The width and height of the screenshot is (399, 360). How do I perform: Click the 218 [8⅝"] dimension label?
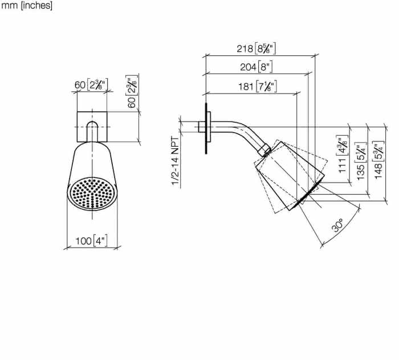coord(256,48)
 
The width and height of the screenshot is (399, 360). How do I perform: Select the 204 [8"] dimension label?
coord(256,67)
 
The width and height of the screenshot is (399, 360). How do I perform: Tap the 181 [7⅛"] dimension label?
coord(257,87)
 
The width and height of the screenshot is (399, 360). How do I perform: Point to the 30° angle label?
coord(338,225)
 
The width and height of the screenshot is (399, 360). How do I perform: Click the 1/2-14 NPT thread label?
coord(175,161)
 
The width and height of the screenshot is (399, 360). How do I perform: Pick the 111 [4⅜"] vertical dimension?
coord(343,154)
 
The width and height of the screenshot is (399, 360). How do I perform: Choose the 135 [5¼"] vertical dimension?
coord(361,161)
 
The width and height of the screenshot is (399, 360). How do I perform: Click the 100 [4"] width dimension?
coord(91,241)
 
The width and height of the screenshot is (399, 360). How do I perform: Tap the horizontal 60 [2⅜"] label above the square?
coord(91,84)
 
